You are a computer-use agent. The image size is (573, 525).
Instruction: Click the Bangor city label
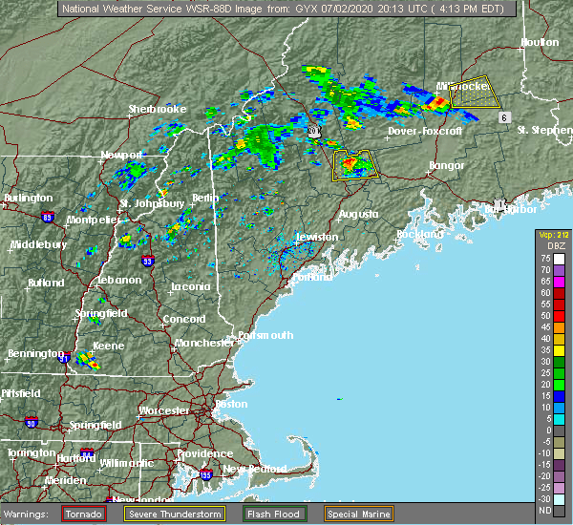click(447, 165)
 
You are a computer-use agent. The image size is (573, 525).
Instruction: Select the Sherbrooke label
click(158, 110)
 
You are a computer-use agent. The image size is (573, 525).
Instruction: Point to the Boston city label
click(231, 404)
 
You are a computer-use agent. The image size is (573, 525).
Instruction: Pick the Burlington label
click(28, 198)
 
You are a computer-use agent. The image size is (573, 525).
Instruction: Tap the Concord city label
click(183, 319)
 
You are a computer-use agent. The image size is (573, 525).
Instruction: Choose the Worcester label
click(165, 410)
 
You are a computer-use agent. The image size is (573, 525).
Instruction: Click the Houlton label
click(539, 43)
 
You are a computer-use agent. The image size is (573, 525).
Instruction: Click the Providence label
click(203, 454)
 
